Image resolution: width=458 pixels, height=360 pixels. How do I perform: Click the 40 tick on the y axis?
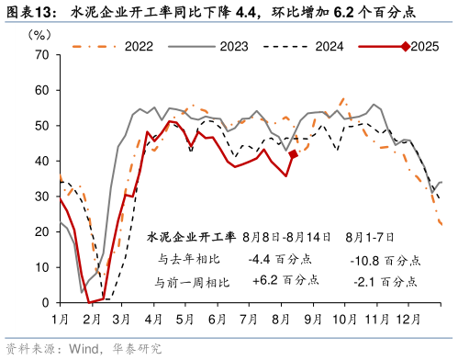[39, 161]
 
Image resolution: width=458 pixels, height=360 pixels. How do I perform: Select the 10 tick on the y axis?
[39, 267]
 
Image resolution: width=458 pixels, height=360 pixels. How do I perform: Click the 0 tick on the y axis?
[43, 302]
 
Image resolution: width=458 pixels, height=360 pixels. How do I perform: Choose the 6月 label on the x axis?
[218, 319]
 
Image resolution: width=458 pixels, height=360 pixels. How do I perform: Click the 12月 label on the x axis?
[408, 319]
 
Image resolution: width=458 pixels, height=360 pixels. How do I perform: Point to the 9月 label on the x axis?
[312, 319]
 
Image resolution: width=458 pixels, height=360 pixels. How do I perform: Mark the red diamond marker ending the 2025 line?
[293, 154]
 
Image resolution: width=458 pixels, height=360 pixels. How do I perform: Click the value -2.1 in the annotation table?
[368, 279]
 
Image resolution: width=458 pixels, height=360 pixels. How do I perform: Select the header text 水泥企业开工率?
[191, 238]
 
